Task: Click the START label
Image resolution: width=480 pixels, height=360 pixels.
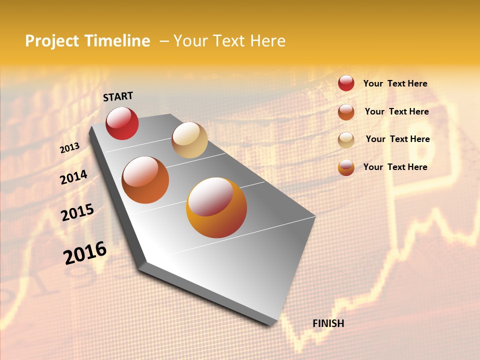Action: [x=118, y=96]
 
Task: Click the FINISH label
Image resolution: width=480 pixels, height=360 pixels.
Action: [x=328, y=323]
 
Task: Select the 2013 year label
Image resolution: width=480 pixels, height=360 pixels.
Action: [x=70, y=148]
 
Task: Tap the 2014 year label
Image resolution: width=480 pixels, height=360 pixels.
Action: [x=73, y=177]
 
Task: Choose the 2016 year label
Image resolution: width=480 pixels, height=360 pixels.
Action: [x=85, y=253]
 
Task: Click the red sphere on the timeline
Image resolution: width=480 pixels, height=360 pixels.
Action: [x=122, y=123]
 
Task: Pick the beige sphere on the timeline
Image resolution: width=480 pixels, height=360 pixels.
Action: [x=189, y=140]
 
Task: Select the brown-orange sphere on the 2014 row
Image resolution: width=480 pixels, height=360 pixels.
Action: [x=145, y=179]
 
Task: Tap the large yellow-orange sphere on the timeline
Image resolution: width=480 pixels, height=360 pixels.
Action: [x=216, y=207]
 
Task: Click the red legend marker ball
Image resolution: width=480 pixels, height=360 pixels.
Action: [x=346, y=83]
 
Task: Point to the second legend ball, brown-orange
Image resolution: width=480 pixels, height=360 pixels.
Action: [x=346, y=112]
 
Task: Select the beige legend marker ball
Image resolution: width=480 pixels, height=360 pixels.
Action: [x=346, y=140]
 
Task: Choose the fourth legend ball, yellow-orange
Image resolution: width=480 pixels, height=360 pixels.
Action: [x=346, y=167]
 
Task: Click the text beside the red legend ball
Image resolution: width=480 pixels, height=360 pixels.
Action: [x=395, y=83]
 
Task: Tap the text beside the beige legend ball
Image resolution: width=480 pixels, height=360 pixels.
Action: [x=397, y=139]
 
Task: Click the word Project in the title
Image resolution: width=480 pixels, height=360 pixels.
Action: [x=52, y=41]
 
